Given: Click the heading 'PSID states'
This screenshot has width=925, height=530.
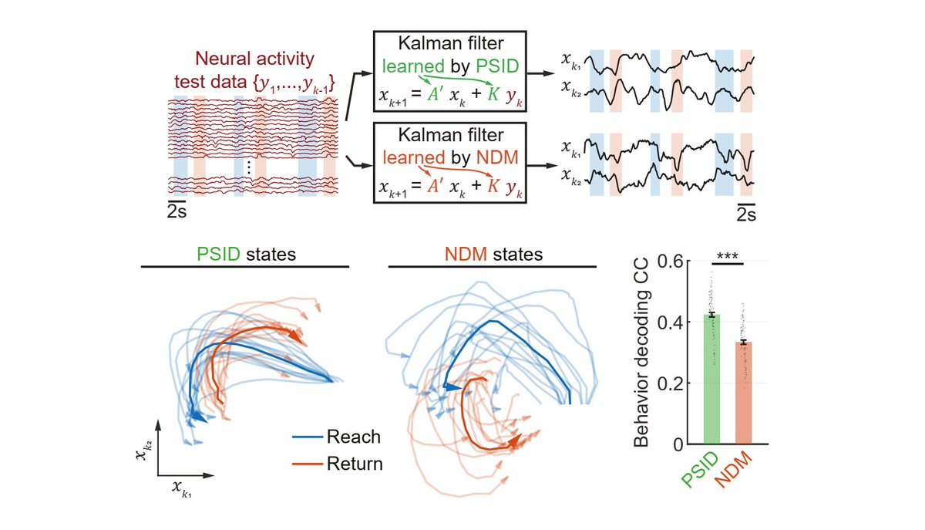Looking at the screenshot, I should (x=244, y=254).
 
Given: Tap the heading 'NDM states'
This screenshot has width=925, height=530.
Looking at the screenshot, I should (x=493, y=254).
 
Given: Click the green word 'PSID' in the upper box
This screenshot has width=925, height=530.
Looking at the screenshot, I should (x=503, y=68).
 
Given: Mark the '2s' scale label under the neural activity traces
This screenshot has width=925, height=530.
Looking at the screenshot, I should (x=177, y=210).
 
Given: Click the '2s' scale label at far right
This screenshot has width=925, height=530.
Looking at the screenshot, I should (x=745, y=214).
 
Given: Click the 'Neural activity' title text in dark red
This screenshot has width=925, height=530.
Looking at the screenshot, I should (x=252, y=56).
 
